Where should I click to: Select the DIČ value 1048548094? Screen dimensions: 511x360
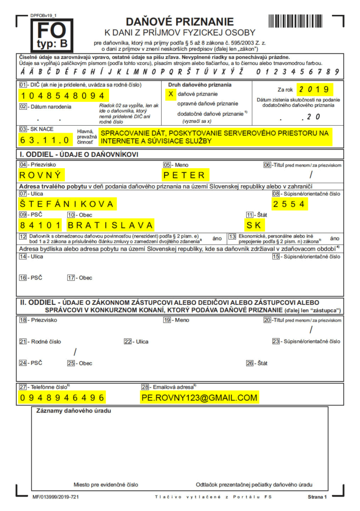point(69,95)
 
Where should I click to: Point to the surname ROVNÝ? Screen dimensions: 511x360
point(42,175)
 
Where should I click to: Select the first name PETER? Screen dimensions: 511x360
point(185,175)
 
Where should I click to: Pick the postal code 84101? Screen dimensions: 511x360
point(41,225)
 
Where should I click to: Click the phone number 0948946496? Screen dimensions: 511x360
point(62,397)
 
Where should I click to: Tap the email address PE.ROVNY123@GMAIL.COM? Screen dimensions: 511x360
point(199,397)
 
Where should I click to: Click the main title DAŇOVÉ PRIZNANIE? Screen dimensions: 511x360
point(180,21)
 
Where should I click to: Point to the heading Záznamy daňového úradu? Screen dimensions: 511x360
point(73,411)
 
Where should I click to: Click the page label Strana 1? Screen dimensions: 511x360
point(317,497)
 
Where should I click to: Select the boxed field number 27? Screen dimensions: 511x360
point(22,386)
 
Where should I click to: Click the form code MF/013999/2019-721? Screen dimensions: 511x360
point(56,497)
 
